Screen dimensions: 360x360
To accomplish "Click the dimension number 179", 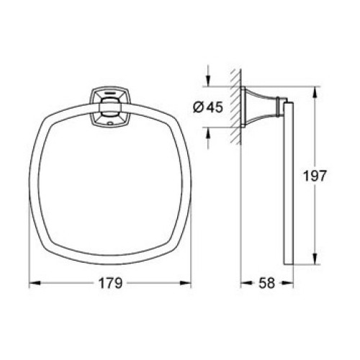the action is pyautogui.click(x=110, y=283).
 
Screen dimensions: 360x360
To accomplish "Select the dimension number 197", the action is pyautogui.click(x=315, y=176).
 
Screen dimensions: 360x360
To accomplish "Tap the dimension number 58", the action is pyautogui.click(x=266, y=283).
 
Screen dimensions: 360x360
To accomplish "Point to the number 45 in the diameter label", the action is pyautogui.click(x=215, y=107).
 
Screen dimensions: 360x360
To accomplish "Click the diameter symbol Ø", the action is pyautogui.click(x=199, y=107).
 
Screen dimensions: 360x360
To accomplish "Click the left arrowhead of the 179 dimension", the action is pyautogui.click(x=34, y=283).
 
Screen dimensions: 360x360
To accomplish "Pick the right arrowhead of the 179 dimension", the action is pyautogui.click(x=186, y=283).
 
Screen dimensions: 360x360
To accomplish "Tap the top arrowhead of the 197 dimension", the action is pyautogui.click(x=315, y=92).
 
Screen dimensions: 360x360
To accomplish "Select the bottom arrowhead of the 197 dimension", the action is pyautogui.click(x=315, y=258).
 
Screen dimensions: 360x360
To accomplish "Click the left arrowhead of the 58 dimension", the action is pyautogui.click(x=246, y=283).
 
